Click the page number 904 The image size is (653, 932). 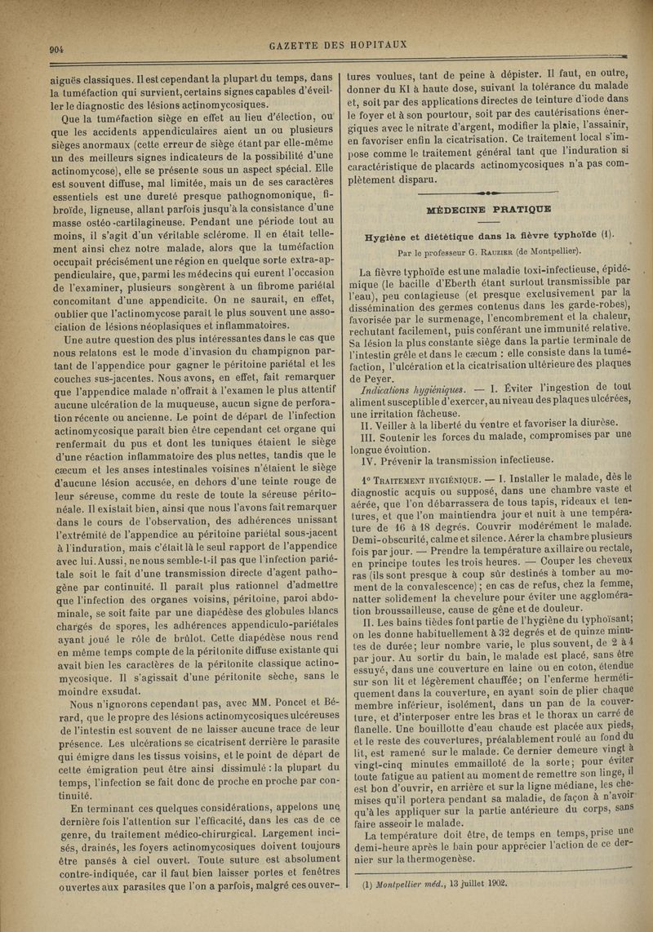pyautogui.click(x=56, y=48)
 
